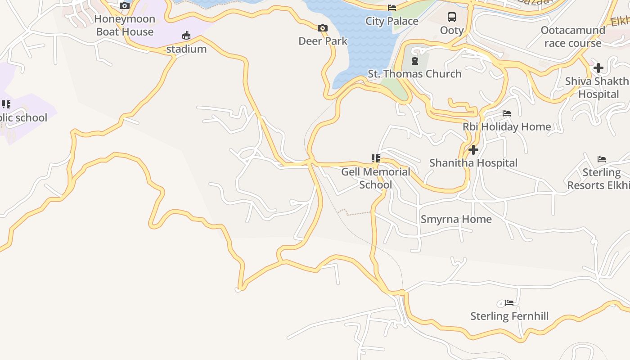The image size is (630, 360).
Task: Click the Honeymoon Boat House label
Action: click(125, 25)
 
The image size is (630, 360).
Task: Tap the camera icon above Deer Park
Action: click(322, 28)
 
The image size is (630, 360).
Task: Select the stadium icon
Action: click(186, 36)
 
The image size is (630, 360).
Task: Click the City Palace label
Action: click(391, 21)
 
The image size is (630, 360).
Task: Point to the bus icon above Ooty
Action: click(451, 18)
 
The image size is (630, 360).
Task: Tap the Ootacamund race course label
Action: click(572, 36)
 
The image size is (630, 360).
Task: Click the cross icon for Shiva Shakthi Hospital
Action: click(598, 68)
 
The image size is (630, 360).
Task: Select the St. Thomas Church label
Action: click(414, 74)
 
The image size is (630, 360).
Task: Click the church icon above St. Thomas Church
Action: click(414, 60)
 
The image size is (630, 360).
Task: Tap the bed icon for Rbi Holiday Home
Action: click(507, 113)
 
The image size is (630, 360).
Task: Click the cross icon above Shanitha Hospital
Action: click(473, 149)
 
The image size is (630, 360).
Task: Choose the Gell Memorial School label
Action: click(376, 178)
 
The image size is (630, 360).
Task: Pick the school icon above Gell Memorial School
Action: click(375, 158)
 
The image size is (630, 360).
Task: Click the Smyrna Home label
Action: click(456, 219)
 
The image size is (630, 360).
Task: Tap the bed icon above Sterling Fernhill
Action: click(509, 303)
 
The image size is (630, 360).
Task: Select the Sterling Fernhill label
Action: click(509, 316)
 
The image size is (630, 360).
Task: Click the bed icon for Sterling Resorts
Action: click(601, 159)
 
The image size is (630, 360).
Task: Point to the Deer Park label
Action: click(323, 41)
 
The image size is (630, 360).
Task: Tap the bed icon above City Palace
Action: click(391, 8)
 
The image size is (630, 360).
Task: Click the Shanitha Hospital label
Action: click(473, 163)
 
